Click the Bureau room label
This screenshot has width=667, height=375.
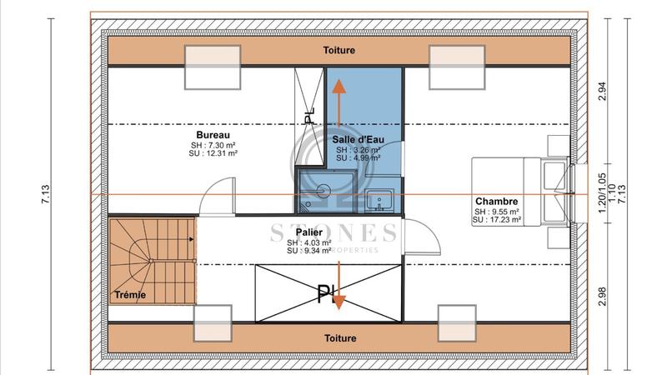213,135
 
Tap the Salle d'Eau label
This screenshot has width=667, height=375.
357,139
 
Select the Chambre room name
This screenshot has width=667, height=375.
497,201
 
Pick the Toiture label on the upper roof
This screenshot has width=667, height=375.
339,51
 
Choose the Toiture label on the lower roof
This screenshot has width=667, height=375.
339,338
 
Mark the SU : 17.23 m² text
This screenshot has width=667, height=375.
497,222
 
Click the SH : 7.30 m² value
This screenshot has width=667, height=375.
213,145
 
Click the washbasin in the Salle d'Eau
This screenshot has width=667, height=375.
384,200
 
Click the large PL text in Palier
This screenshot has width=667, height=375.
324,292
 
